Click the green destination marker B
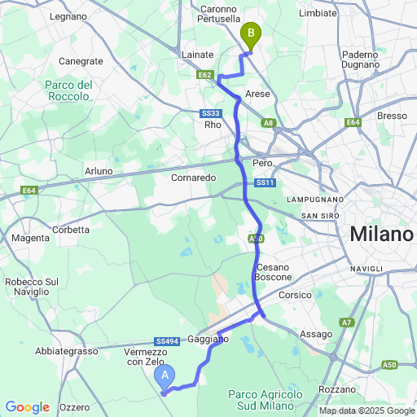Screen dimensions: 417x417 click(x=251, y=35)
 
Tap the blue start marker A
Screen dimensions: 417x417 click(x=165, y=375)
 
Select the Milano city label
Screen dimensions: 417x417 click(x=382, y=235)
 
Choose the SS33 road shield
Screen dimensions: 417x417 click(x=210, y=114)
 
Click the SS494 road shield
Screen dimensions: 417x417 click(x=166, y=342)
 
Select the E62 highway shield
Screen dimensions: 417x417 click(x=205, y=75)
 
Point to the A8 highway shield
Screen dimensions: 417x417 click(x=269, y=123)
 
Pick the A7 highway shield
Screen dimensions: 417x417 click(x=346, y=323)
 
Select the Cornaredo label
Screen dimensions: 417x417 click(x=193, y=177)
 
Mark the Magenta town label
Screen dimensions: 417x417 click(x=31, y=238)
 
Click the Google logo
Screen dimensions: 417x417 click(x=29, y=406)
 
